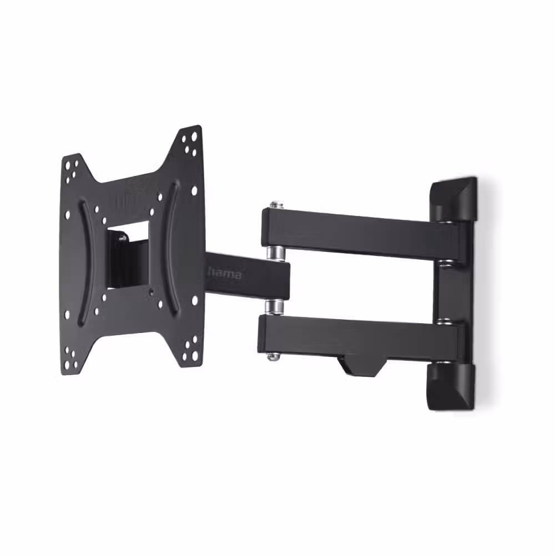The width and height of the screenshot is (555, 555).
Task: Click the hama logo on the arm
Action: coord(224,274)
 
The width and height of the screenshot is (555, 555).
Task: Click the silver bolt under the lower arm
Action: coord(272,356)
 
